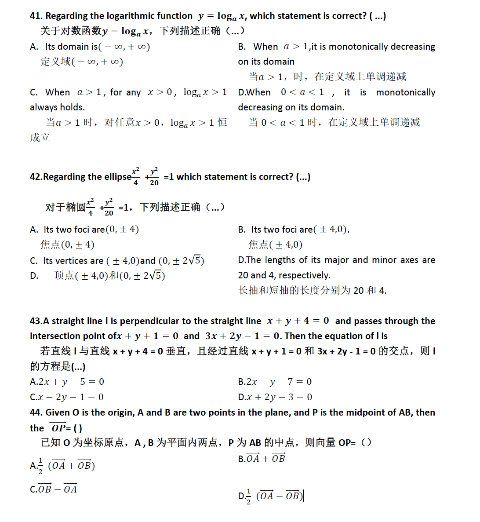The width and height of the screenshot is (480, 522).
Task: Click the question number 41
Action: click(36, 16)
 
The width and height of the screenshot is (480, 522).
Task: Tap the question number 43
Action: click(36, 321)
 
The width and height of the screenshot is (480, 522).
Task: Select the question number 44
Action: click(36, 412)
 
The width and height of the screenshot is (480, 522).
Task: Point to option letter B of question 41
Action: click(242, 47)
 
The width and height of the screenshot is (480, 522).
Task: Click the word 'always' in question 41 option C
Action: click(43, 107)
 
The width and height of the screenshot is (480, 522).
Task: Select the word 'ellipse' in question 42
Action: click(117, 177)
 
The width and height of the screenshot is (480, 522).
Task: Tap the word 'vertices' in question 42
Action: click(72, 261)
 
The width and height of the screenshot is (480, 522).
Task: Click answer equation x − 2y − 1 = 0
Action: click(71, 397)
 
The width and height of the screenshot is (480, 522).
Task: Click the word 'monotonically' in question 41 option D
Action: click(405, 92)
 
